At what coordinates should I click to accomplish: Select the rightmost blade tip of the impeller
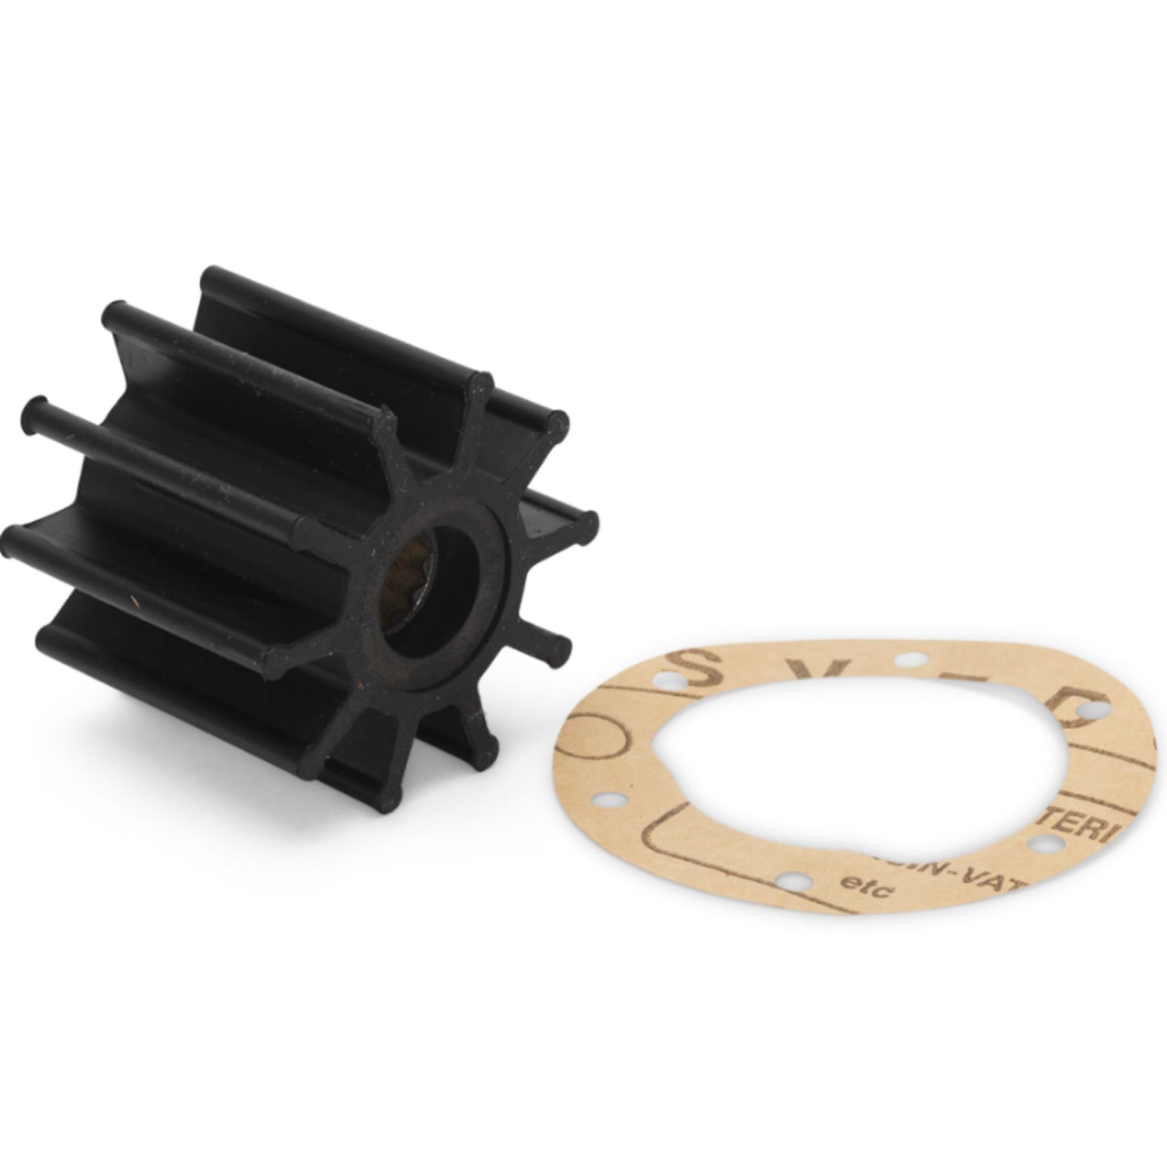coord(588,520)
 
